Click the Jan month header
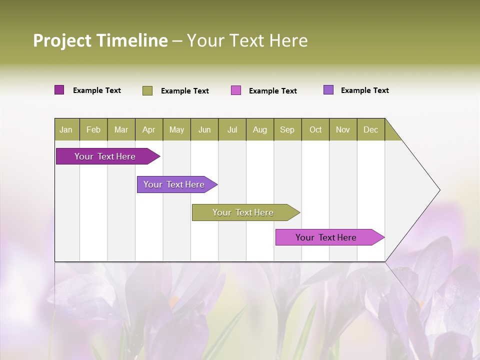coord(66,129)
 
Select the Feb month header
coord(93,129)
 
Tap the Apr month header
coord(149,129)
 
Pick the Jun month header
coord(204,129)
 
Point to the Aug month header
coord(260,129)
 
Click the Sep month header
coord(287,129)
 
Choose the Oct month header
coord(315,129)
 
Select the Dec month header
coord(371,129)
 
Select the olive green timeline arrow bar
coord(243,212)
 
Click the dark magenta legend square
coord(59,90)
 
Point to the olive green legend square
coord(147,90)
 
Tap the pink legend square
coord(236,90)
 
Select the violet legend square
coord(328,90)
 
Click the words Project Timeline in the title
coord(100,40)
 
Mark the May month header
coord(176,129)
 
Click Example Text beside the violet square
coord(364,90)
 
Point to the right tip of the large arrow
coord(438,190)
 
